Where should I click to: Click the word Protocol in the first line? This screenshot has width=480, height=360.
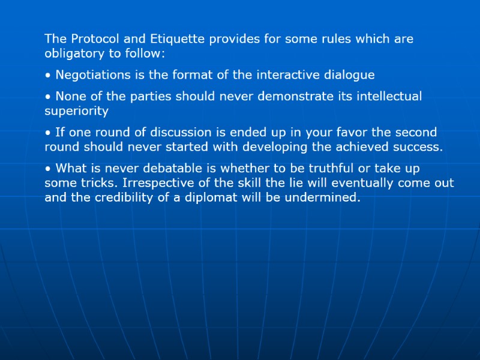(x=92, y=39)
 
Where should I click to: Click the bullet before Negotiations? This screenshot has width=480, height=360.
(x=47, y=76)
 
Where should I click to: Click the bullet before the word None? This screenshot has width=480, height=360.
(x=47, y=97)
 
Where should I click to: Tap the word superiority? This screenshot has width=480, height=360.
(x=76, y=111)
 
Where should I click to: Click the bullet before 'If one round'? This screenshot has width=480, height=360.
(x=47, y=133)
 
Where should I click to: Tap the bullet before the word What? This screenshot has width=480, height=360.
(x=47, y=169)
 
